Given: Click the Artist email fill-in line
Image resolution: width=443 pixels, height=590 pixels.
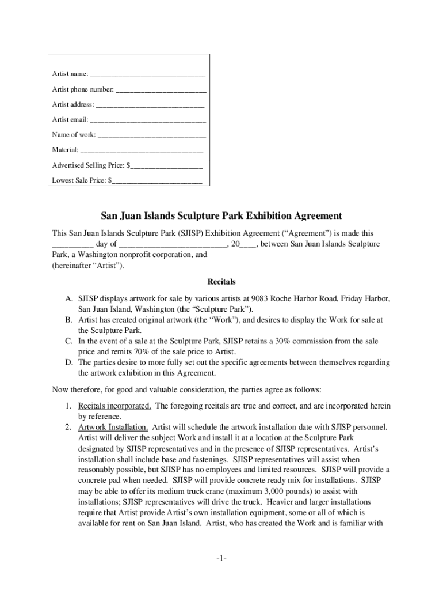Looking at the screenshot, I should click(148, 120).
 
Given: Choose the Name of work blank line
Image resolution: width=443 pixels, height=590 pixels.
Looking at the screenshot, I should click(152, 135).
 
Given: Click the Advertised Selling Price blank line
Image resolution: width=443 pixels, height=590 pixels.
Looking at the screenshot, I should click(166, 165).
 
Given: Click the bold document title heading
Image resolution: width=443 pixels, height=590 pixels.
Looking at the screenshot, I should click(221, 216).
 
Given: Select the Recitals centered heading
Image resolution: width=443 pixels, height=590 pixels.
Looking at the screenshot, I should click(221, 282).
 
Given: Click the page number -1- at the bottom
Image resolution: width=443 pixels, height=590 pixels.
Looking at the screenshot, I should click(221, 559).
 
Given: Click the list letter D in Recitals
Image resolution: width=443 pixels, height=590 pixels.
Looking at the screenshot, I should click(68, 362).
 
